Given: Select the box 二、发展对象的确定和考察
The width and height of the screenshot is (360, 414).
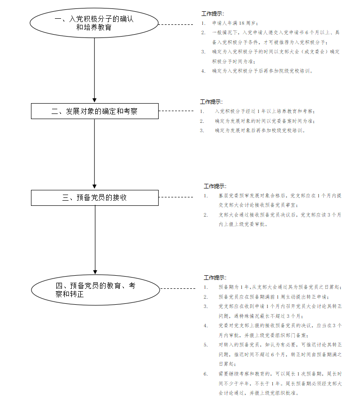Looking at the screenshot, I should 94,111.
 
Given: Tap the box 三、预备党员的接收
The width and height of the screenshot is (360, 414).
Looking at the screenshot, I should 94,197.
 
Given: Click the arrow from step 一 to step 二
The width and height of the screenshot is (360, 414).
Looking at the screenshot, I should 94,70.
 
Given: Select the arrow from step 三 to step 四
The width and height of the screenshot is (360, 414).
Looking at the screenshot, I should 95,239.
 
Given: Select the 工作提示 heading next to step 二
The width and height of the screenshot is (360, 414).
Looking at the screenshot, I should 211,101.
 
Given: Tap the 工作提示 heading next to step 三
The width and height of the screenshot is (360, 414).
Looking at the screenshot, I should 214,186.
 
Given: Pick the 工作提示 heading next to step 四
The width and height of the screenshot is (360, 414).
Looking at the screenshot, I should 214,278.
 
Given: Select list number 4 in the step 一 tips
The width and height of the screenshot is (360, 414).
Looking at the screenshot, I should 203,71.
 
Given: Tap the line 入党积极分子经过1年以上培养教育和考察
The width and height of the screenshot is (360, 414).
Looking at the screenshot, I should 265,111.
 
